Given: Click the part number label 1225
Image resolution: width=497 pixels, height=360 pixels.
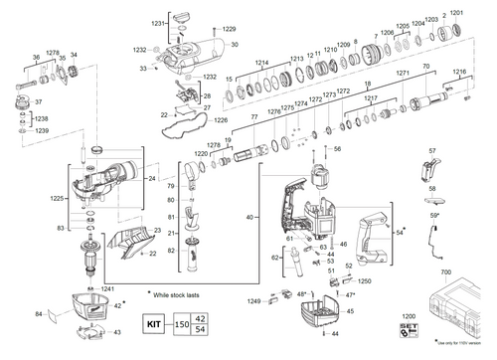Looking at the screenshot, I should tap(58, 199).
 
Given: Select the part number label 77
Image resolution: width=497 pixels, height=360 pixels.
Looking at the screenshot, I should tap(254, 117).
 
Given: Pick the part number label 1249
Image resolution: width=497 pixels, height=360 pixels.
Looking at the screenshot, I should tap(253, 300).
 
